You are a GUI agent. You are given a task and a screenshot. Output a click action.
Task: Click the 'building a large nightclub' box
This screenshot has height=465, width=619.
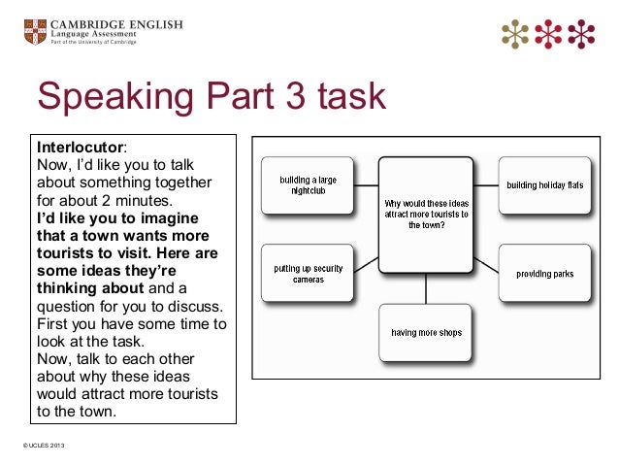click(x=308, y=185)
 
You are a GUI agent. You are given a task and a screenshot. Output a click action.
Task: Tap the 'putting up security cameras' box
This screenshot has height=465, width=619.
click(x=308, y=273)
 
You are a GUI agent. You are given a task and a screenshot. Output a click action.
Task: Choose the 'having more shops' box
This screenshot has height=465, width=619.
click(x=425, y=332)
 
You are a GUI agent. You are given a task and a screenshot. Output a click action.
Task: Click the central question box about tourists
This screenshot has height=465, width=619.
click(x=425, y=214)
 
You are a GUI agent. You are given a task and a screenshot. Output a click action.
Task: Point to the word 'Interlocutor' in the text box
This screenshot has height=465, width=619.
click(x=81, y=147)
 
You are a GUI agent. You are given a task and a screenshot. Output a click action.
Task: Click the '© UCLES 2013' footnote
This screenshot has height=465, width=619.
click(x=39, y=446)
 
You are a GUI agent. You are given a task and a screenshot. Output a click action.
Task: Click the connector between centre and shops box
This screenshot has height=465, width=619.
click(x=425, y=288)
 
